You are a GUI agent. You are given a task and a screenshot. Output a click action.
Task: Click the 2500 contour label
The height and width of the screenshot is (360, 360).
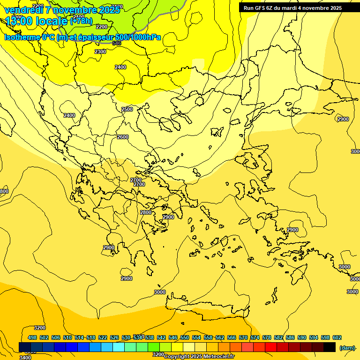click(x=127, y=109)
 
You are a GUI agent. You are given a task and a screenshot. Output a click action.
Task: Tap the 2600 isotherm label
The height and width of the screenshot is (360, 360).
click(x=123, y=137)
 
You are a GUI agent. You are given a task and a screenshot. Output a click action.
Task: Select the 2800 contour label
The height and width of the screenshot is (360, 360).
click(x=146, y=212)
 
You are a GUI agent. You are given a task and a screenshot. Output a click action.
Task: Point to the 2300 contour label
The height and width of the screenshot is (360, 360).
click(x=100, y=52)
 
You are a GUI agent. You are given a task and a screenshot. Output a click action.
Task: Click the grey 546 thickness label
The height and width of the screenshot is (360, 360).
click(x=117, y=43)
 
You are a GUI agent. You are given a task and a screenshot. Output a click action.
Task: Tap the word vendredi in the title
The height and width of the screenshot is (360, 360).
click(x=24, y=9)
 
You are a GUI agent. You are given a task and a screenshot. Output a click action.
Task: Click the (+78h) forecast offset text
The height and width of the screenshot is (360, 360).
click(x=81, y=21)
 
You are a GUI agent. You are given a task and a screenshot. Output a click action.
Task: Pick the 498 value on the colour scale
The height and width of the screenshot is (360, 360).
click(x=32, y=337)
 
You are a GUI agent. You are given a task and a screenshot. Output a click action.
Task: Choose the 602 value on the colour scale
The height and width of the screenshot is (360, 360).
click(x=337, y=337)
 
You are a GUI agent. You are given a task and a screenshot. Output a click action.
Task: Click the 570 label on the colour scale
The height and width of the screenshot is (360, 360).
click(x=243, y=337)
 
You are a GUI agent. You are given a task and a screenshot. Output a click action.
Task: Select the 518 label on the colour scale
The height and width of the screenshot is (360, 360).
click(x=91, y=337)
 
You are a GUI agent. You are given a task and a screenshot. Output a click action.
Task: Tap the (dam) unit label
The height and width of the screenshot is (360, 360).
click(x=347, y=347)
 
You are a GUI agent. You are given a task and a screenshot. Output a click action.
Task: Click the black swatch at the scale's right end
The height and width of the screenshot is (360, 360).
click(x=330, y=347)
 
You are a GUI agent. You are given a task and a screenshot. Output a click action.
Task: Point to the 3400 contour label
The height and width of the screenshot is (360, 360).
click(x=25, y=357)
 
